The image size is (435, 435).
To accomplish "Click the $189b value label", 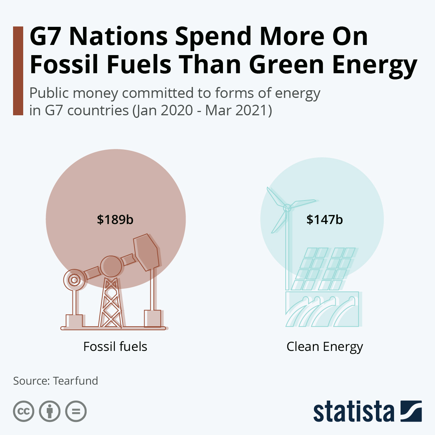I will click(x=115, y=220).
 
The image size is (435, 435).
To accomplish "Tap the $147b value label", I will click(x=324, y=220).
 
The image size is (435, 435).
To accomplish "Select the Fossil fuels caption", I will click(x=115, y=347).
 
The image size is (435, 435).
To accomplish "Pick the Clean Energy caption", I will click(x=324, y=347).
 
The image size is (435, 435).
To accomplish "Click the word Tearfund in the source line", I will click(x=75, y=381).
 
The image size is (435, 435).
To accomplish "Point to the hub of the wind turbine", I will click(x=287, y=208).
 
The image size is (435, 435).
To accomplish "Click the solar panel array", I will click(x=323, y=269).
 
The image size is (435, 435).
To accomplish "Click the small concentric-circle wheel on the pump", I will click(x=74, y=280).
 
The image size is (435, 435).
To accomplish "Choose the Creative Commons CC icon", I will click(x=24, y=411).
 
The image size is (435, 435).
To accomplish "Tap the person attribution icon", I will click(x=50, y=411).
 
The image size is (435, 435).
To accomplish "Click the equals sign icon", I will click(x=76, y=411).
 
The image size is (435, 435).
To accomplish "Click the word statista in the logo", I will click(x=353, y=412).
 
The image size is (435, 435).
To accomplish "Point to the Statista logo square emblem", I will click(x=411, y=411).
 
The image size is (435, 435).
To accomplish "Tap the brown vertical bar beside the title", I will click(x=18, y=71).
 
